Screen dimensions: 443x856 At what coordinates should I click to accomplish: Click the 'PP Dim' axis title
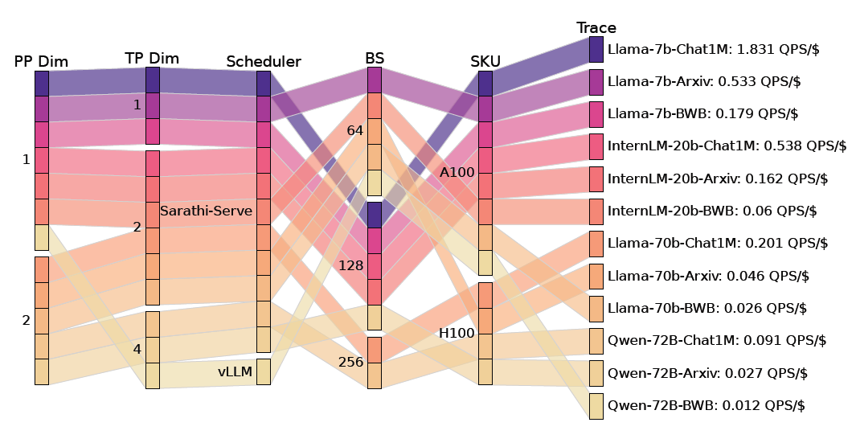pos(41,62)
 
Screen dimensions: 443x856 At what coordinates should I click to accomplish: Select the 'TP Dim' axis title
pos(152,59)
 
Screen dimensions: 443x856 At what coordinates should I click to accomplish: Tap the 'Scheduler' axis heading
pos(263,62)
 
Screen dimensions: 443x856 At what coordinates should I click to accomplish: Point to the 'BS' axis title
pos(375,58)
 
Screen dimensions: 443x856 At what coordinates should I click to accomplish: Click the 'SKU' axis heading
pos(485,62)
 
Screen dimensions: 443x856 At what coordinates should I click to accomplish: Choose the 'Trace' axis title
pos(596,28)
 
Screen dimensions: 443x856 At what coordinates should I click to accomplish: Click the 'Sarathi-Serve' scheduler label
pos(206,211)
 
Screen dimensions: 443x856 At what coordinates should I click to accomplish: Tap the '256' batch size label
pos(350,363)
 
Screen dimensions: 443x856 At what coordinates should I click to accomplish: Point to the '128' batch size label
pos(350,265)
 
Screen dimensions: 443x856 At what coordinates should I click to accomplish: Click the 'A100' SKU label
pos(457,172)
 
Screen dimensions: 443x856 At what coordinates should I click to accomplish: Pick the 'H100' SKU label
pos(457,333)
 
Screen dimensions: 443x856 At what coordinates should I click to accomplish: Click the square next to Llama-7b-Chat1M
pos(596,49)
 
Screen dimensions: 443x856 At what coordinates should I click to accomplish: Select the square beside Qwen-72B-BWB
pos(596,405)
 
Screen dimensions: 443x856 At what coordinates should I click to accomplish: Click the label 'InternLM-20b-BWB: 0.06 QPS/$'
pos(712,211)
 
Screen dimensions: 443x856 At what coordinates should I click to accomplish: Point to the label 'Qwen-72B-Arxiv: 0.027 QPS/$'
pos(708,373)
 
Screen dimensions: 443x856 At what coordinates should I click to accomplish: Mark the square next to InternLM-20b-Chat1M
pos(596,146)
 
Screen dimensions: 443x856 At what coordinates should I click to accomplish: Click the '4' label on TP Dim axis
pos(137,350)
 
